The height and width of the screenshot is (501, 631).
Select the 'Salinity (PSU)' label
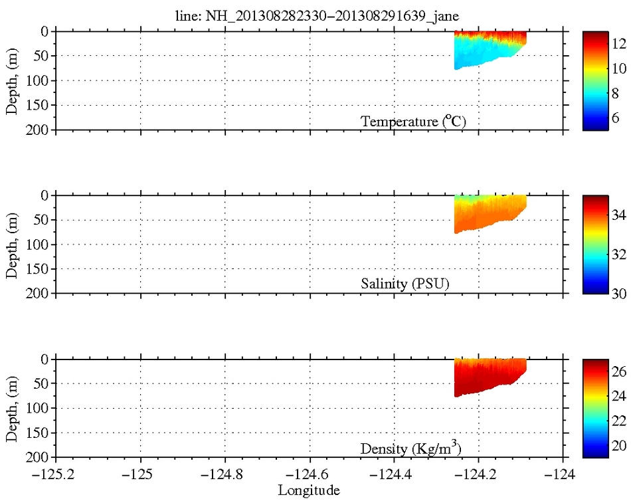coord(405,284)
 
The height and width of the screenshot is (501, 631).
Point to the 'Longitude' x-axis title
coord(309,490)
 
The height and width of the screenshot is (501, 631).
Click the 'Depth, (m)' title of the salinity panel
coord(12,245)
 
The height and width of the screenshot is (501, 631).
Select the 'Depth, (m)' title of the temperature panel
coord(12,80)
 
